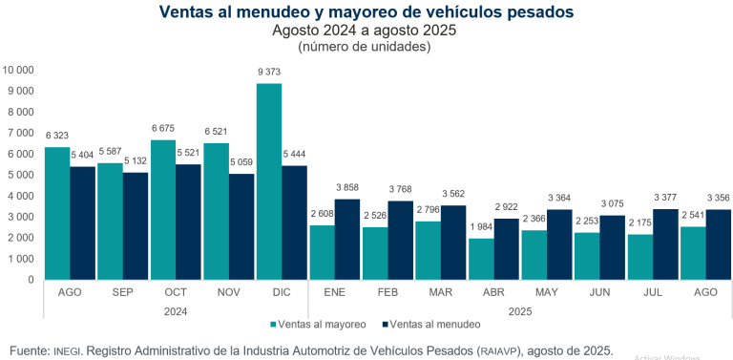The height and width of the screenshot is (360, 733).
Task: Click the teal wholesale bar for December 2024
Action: (x=269, y=181)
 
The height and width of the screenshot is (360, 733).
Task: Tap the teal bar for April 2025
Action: (x=481, y=259)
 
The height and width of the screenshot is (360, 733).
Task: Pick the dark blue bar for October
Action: (x=189, y=222)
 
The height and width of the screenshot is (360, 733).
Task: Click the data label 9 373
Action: (x=269, y=73)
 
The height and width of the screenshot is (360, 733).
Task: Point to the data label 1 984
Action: (x=481, y=227)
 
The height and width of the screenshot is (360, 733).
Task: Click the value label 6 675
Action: (x=163, y=129)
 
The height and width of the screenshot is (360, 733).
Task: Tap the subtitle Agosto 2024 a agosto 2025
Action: (x=366, y=30)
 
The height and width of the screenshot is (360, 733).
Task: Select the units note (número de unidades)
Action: (x=366, y=46)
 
